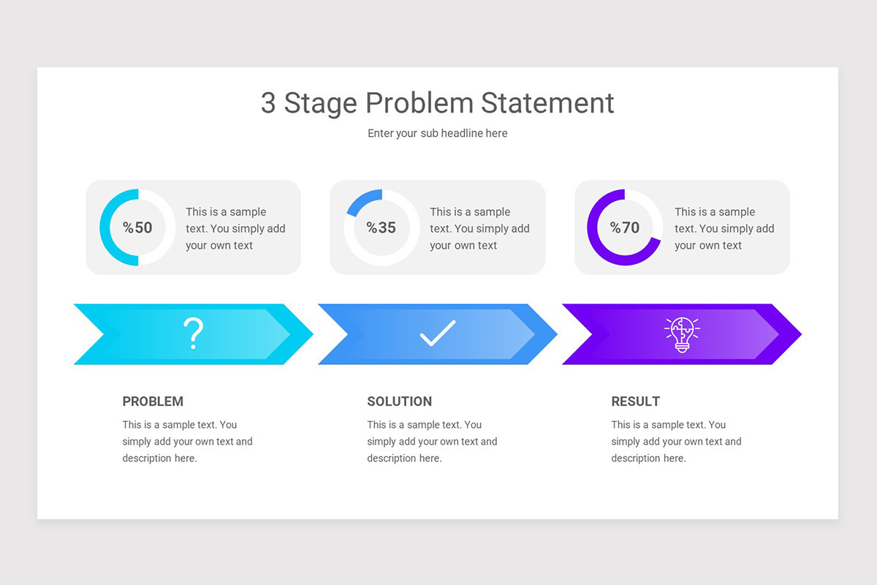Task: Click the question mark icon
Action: (x=193, y=334)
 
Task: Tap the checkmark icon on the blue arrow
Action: (x=438, y=333)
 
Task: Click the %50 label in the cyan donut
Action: (x=137, y=227)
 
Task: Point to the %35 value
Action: (x=381, y=227)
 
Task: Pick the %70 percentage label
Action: (x=626, y=227)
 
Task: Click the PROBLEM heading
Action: (x=153, y=401)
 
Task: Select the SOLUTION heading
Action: (x=399, y=401)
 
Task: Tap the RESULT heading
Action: (x=635, y=401)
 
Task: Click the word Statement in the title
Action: (x=547, y=103)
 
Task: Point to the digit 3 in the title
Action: (x=268, y=103)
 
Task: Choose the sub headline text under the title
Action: (x=437, y=133)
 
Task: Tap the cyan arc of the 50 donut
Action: (x=107, y=227)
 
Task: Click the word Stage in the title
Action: (x=321, y=103)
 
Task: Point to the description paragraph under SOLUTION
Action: (x=432, y=442)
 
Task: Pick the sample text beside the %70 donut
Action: (x=724, y=228)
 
